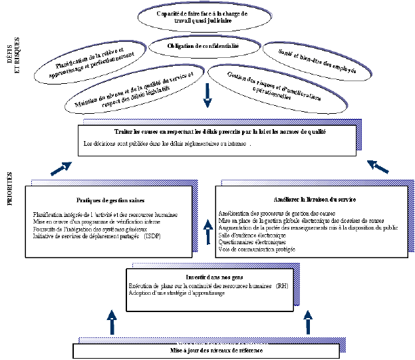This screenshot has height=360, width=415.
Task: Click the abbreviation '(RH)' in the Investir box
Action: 283,285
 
